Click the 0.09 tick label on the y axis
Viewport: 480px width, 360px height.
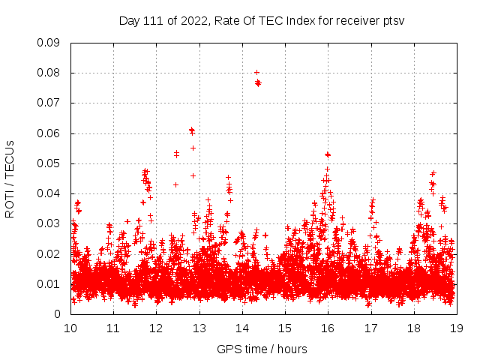pos(49,43)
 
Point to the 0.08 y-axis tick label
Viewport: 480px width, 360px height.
pos(49,73)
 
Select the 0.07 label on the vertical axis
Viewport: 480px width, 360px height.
pos(49,103)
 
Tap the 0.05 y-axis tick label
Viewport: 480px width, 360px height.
pos(49,163)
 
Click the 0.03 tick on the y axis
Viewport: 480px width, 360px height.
pos(49,223)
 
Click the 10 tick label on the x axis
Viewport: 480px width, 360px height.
pos(70,328)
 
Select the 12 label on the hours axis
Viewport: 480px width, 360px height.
pos(156,328)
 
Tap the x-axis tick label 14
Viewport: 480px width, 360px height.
pos(241,328)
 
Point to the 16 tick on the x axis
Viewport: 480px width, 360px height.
pos(328,328)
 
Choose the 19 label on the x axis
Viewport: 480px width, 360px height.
pos(456,328)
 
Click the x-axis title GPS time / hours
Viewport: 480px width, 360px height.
pos(262,349)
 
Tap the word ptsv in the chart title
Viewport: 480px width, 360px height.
pos(393,20)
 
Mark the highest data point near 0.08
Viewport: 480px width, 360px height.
pos(256,73)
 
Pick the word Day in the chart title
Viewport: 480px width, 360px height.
pos(129,20)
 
